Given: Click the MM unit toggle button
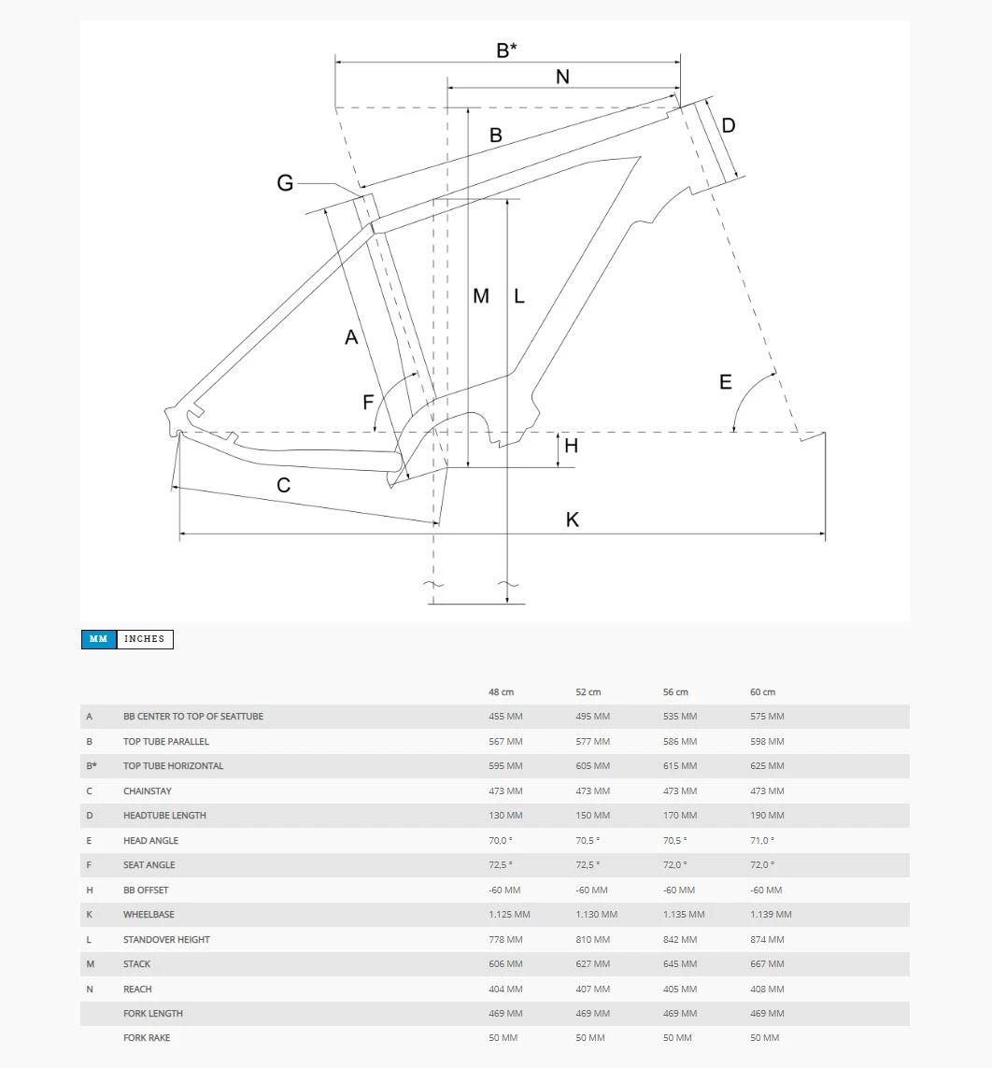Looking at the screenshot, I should point(98,639).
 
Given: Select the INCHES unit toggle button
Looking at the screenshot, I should point(145,639).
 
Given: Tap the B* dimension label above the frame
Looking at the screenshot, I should point(506,50).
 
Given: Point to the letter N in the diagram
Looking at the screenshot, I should point(562,77).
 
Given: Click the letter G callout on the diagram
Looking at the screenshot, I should point(285,183).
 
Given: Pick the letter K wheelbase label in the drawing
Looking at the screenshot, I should point(573,520).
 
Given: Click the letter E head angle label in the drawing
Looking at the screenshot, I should point(726,382).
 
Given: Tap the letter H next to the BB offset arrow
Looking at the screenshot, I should point(571,446).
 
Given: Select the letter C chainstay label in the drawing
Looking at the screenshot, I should point(284,485).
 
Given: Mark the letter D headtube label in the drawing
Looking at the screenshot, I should point(729,125).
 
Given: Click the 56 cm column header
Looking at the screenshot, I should point(675,692).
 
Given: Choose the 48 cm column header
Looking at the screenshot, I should point(501,692).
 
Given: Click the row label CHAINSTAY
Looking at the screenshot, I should point(148,790).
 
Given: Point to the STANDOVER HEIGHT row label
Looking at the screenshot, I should point(166,939).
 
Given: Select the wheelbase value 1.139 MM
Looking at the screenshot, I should point(771,915).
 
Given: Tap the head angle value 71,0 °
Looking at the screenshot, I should point(762,840).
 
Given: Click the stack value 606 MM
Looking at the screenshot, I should point(505,964).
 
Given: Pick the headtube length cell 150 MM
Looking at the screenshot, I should point(592,816).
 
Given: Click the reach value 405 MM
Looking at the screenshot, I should point(680,989).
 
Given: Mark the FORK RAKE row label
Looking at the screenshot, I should point(147,1038).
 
